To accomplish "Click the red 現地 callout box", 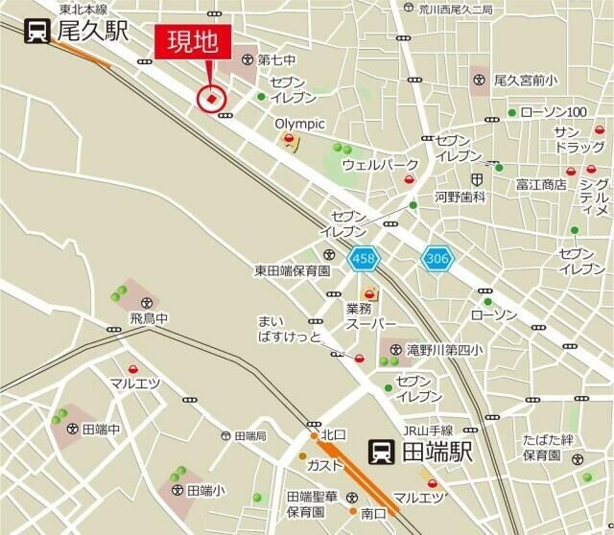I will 193,44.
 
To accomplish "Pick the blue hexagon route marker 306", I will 437,257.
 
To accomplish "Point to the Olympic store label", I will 300,124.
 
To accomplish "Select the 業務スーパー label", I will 366,316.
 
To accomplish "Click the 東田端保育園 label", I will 293,271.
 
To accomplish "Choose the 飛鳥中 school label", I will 149,317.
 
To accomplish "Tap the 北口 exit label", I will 333,434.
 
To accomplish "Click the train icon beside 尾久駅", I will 36,31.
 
